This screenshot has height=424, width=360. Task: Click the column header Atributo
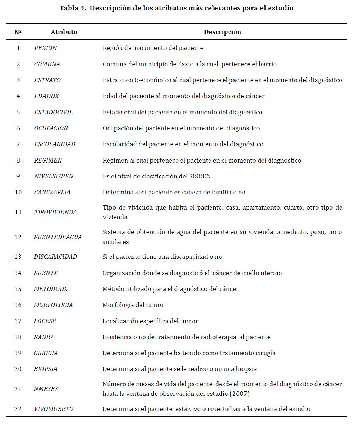64,32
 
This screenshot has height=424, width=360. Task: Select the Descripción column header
222,32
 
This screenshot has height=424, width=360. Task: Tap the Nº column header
18,32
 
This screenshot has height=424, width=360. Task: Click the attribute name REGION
46,48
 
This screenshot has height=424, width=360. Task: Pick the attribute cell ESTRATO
47,80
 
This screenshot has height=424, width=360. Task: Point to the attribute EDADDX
47,96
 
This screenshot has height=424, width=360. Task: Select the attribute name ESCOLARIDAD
55,144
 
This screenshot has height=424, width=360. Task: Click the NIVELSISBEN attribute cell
54,176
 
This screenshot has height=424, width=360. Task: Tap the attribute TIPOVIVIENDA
56,213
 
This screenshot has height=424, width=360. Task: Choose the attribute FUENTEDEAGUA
58,237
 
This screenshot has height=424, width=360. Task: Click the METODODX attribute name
51,289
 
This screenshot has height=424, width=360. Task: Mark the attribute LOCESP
45,321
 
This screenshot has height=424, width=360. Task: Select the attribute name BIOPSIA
46,369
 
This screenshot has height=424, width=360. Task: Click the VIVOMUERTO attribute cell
54,409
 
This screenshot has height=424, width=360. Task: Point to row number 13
18,257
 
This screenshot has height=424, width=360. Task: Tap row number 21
18,389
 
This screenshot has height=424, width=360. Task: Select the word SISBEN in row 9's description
200,176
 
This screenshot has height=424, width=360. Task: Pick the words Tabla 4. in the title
73,8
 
